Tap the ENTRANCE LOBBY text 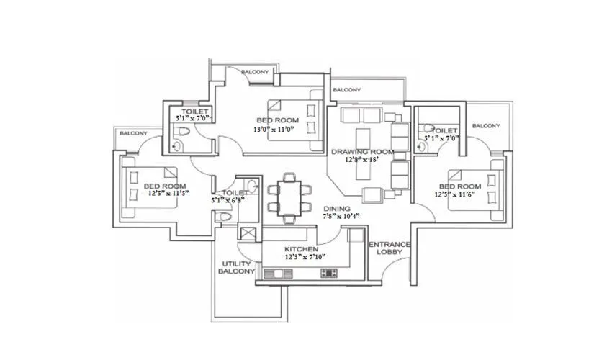pos(390,250)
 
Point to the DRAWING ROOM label pos(362,152)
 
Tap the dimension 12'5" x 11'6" pos(459,194)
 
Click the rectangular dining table pos(289,197)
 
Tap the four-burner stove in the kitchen pos(330,273)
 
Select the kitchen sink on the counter pos(275,273)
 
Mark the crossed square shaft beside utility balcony pos(248,235)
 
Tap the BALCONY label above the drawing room pos(347,90)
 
